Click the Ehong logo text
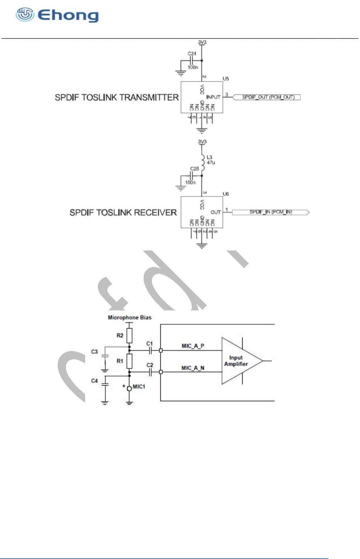[x=68, y=16]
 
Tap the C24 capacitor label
[x=191, y=54]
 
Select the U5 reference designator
[x=226, y=79]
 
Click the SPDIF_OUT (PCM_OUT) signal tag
[x=268, y=97]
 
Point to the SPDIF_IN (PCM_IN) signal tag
[x=270, y=212]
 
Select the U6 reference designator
[x=226, y=194]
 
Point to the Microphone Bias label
[x=130, y=317]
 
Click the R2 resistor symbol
[x=129, y=336]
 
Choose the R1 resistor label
[x=120, y=361]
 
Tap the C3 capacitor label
[x=94, y=351]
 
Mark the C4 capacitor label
[x=94, y=381]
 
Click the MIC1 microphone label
[x=139, y=386]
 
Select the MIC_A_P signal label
[x=193, y=346]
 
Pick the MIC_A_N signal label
[x=193, y=368]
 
